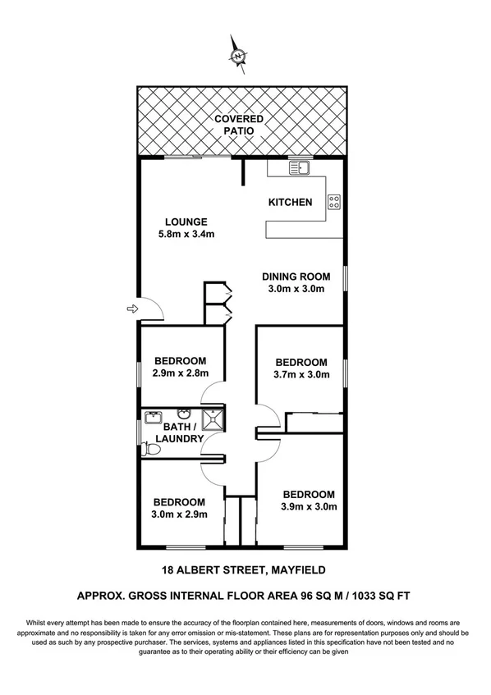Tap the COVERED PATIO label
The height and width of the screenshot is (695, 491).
pyautogui.click(x=239, y=124)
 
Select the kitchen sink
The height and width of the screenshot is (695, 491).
pyautogui.click(x=297, y=169)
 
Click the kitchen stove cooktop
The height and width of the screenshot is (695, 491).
pyautogui.click(x=334, y=201)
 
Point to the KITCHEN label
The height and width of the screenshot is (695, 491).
pyautogui.click(x=291, y=202)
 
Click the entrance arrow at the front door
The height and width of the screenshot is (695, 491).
pyautogui.click(x=131, y=309)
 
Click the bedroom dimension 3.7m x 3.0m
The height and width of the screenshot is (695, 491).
pyautogui.click(x=301, y=375)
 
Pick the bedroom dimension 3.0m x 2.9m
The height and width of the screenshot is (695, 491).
pyautogui.click(x=179, y=514)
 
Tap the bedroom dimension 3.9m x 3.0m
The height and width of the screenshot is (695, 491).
pyautogui.click(x=309, y=506)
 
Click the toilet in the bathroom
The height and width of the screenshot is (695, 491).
pyautogui.click(x=150, y=449)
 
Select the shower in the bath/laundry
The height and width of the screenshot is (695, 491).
pyautogui.click(x=211, y=417)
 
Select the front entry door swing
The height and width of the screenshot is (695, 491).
pyautogui.click(x=151, y=309)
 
